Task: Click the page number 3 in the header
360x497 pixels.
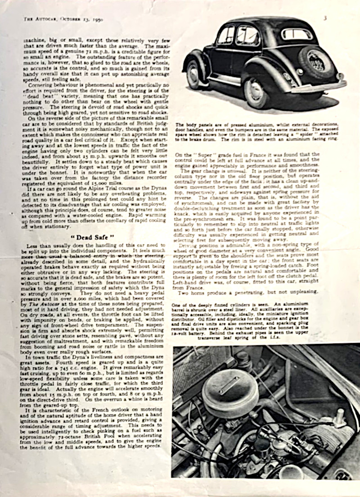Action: point(325,18)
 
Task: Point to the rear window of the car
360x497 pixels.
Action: point(296,34)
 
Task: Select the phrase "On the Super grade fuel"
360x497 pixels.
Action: point(211,154)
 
